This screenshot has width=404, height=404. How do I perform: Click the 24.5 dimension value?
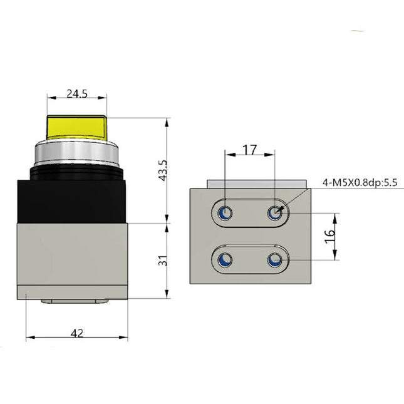pyautogui.click(x=76, y=95)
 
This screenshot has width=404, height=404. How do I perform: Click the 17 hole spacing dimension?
pyautogui.click(x=249, y=150)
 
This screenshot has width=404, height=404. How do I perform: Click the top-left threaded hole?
pyautogui.click(x=224, y=215)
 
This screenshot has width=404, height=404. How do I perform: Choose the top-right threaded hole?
pyautogui.click(x=274, y=214)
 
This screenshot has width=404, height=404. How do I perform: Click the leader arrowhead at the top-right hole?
pyautogui.click(x=280, y=210)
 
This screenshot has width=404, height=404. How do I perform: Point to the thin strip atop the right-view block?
pyautogui.click(x=256, y=182)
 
